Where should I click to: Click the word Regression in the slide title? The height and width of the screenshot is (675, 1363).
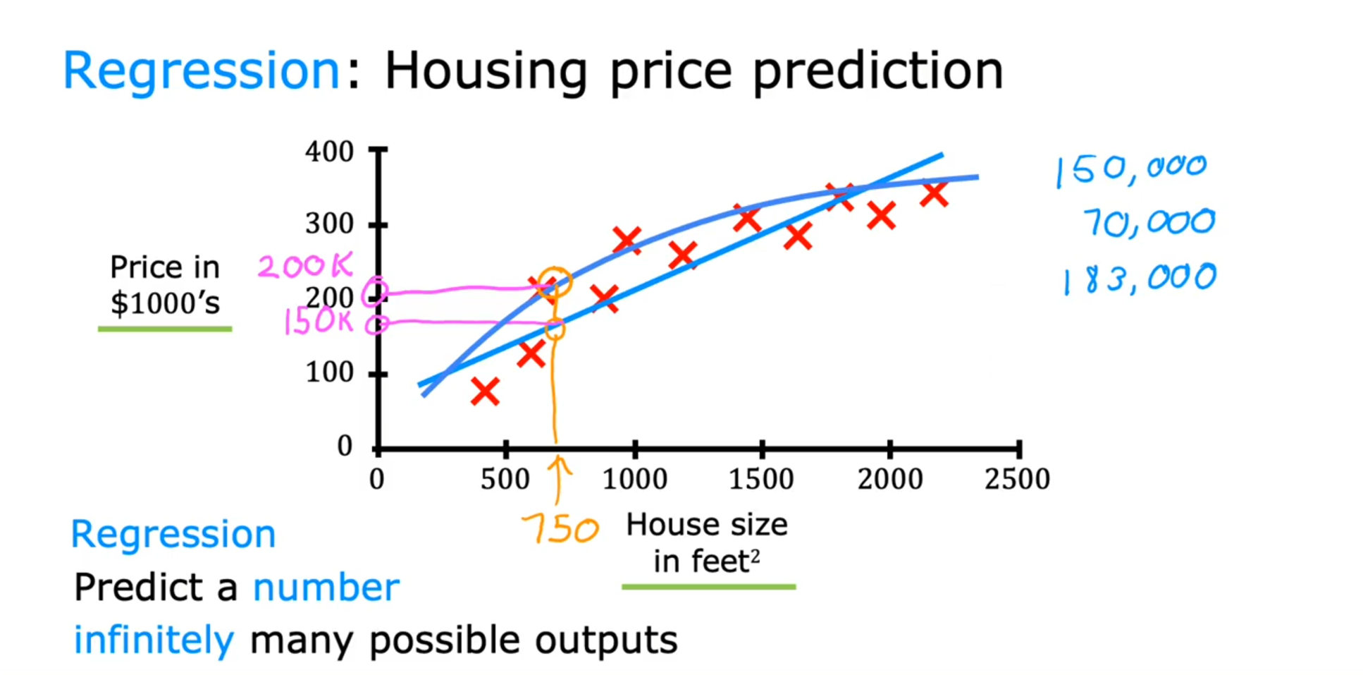click(202, 71)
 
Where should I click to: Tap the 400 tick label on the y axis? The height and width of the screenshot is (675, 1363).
click(329, 152)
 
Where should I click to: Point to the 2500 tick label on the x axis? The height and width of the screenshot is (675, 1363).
click(1017, 480)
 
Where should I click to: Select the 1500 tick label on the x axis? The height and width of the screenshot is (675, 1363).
click(761, 480)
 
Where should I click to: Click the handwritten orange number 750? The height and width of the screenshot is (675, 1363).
click(560, 529)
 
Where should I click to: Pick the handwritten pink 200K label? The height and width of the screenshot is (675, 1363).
click(304, 266)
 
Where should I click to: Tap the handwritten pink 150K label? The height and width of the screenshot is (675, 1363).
click(317, 322)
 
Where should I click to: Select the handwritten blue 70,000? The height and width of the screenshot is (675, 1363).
click(1149, 222)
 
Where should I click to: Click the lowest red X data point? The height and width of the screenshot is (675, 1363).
click(485, 391)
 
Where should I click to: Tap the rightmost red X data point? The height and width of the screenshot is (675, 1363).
click(934, 193)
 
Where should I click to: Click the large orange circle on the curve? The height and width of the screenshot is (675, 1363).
click(555, 282)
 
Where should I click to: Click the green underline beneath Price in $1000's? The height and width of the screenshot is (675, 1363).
click(165, 329)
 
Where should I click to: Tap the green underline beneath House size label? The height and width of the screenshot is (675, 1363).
click(708, 586)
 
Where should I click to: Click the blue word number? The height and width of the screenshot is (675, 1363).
click(326, 588)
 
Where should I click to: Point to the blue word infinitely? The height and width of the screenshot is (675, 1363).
click(154, 640)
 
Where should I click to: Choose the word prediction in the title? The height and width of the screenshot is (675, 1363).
click(877, 72)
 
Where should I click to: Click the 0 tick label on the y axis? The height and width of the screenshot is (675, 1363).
click(345, 446)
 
